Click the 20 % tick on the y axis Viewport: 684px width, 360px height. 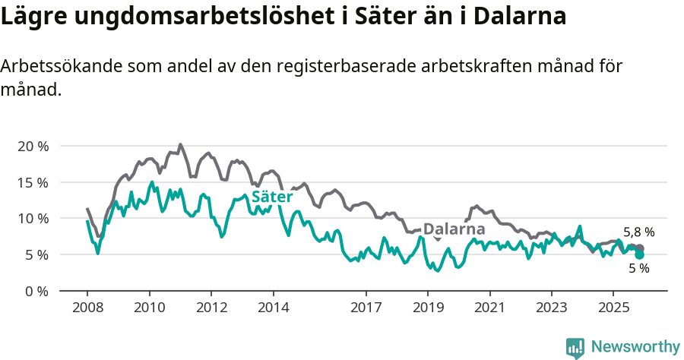[32, 146]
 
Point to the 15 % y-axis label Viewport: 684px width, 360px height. [32, 182]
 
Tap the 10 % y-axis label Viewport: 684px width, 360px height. [32, 219]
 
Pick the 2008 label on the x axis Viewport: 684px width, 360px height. [87, 308]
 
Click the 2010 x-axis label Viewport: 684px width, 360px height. [149, 308]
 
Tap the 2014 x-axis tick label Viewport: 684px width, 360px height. [273, 308]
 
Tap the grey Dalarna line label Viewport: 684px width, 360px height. [454, 229]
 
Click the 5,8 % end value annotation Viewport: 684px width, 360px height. [638, 232]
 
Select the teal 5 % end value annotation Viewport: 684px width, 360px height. [638, 268]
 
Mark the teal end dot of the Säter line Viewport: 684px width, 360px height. [639, 254]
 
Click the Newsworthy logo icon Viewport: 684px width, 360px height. [575, 347]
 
